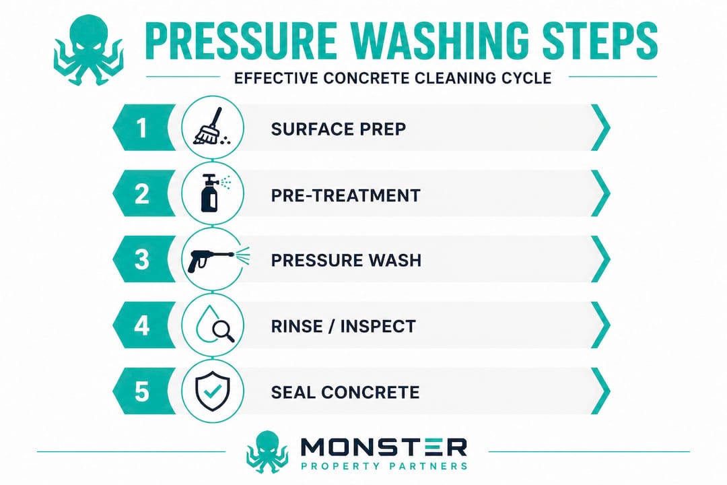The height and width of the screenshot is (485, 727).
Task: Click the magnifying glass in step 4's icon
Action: click(223, 331)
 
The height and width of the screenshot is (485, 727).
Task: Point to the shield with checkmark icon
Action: click(212, 391)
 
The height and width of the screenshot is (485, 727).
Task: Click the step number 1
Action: click(142, 127)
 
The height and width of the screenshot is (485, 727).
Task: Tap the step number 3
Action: click(142, 259)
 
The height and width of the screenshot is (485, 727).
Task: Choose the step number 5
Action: click(142, 391)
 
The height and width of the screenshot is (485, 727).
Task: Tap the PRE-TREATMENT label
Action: click(345, 195)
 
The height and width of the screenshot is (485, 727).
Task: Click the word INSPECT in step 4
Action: click(378, 326)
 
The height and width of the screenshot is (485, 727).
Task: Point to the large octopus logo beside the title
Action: click(89, 50)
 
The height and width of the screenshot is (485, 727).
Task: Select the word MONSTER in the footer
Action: click(384, 447)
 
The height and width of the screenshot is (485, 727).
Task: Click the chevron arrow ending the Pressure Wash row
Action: click(601, 259)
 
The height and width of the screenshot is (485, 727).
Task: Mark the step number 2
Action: click(142, 193)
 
